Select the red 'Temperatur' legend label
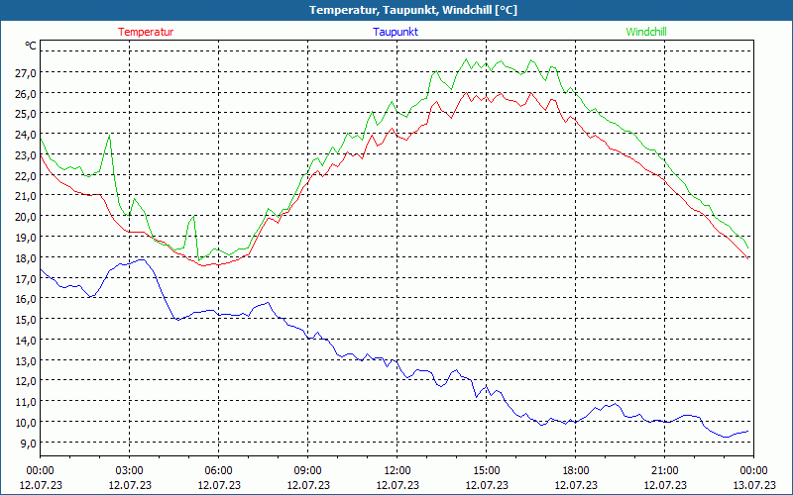point(146,32)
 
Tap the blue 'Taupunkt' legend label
point(395,32)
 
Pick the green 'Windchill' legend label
point(646,32)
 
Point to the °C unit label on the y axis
point(31,46)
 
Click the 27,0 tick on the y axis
point(26,72)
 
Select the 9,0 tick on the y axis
point(26,443)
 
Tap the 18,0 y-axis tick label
point(26,257)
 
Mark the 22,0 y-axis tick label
point(26,175)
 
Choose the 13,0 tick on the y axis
point(26,360)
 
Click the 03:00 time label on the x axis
point(129,470)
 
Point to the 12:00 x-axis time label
point(396,470)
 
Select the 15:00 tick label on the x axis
point(486,470)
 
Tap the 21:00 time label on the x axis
point(664,470)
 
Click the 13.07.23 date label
point(753,485)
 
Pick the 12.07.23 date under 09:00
point(307,485)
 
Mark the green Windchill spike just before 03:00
point(109,135)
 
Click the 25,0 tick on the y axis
point(26,114)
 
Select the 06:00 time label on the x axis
point(218,470)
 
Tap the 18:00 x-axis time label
point(575,470)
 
